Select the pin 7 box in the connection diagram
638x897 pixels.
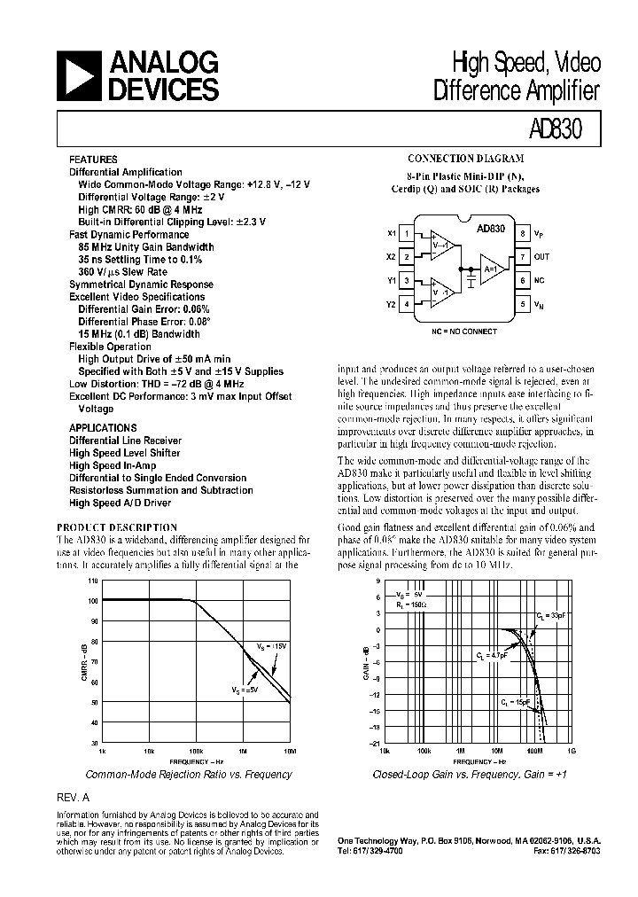(x=524, y=257)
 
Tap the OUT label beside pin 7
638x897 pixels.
(x=542, y=257)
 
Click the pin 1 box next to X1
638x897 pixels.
(x=407, y=234)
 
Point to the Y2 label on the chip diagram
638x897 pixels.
(x=391, y=304)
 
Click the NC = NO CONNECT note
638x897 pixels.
(x=464, y=331)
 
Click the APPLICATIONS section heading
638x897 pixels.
(x=103, y=428)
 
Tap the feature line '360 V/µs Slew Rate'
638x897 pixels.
(x=122, y=272)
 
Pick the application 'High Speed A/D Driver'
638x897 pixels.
(x=121, y=503)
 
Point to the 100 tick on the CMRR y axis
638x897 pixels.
(x=93, y=601)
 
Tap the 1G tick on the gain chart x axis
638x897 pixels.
(x=572, y=751)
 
